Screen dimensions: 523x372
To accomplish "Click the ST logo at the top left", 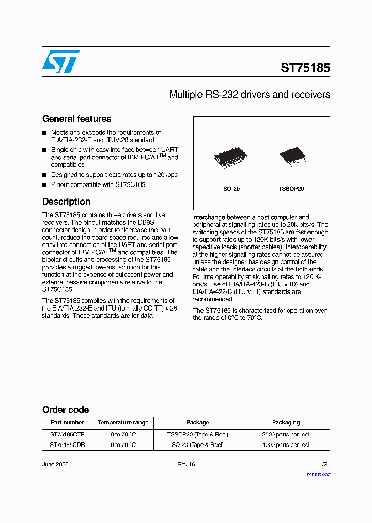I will point(61,61).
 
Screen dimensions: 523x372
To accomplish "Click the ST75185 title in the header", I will point(305,68).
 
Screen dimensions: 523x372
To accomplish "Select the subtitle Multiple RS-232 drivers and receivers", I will point(250,95).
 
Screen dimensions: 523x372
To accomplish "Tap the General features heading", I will point(76,119).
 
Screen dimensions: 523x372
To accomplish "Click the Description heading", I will point(66,202).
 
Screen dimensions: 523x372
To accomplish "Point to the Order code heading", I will point(66,410).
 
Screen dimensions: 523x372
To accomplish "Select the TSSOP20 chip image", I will point(292,157).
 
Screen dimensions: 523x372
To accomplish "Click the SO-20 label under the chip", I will point(231,189).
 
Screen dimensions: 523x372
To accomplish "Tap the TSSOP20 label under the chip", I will point(291,189).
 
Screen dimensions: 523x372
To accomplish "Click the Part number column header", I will point(67,423).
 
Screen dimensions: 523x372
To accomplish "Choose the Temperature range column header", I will point(123,423).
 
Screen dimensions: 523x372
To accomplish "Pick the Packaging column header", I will point(286,423).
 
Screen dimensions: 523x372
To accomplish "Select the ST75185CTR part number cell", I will point(67,435).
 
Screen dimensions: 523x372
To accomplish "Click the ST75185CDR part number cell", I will point(67,445).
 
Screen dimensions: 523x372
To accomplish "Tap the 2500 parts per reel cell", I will point(286,435).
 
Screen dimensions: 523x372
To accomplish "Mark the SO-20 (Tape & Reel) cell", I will point(197,445).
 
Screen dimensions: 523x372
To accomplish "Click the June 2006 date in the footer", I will point(55,464).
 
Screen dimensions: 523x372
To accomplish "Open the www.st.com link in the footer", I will point(318,474).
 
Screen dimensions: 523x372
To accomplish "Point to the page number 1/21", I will point(324,464).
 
